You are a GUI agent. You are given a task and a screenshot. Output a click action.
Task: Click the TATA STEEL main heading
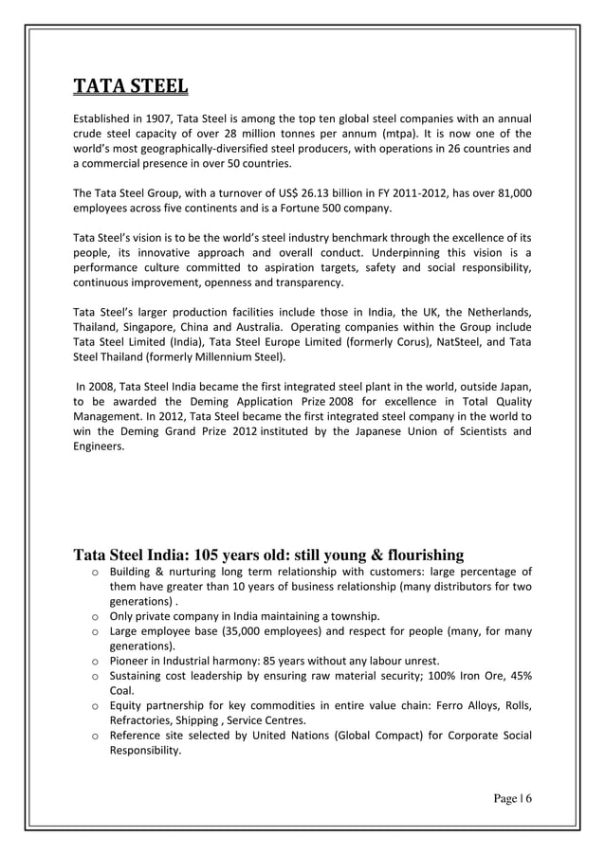[x=131, y=88]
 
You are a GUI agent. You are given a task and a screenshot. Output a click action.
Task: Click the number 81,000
[x=511, y=193]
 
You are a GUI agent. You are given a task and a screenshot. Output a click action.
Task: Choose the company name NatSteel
[x=446, y=343]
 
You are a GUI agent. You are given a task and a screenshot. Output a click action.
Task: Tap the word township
[x=354, y=615]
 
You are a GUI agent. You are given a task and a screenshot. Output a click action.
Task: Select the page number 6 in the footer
[x=528, y=798]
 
